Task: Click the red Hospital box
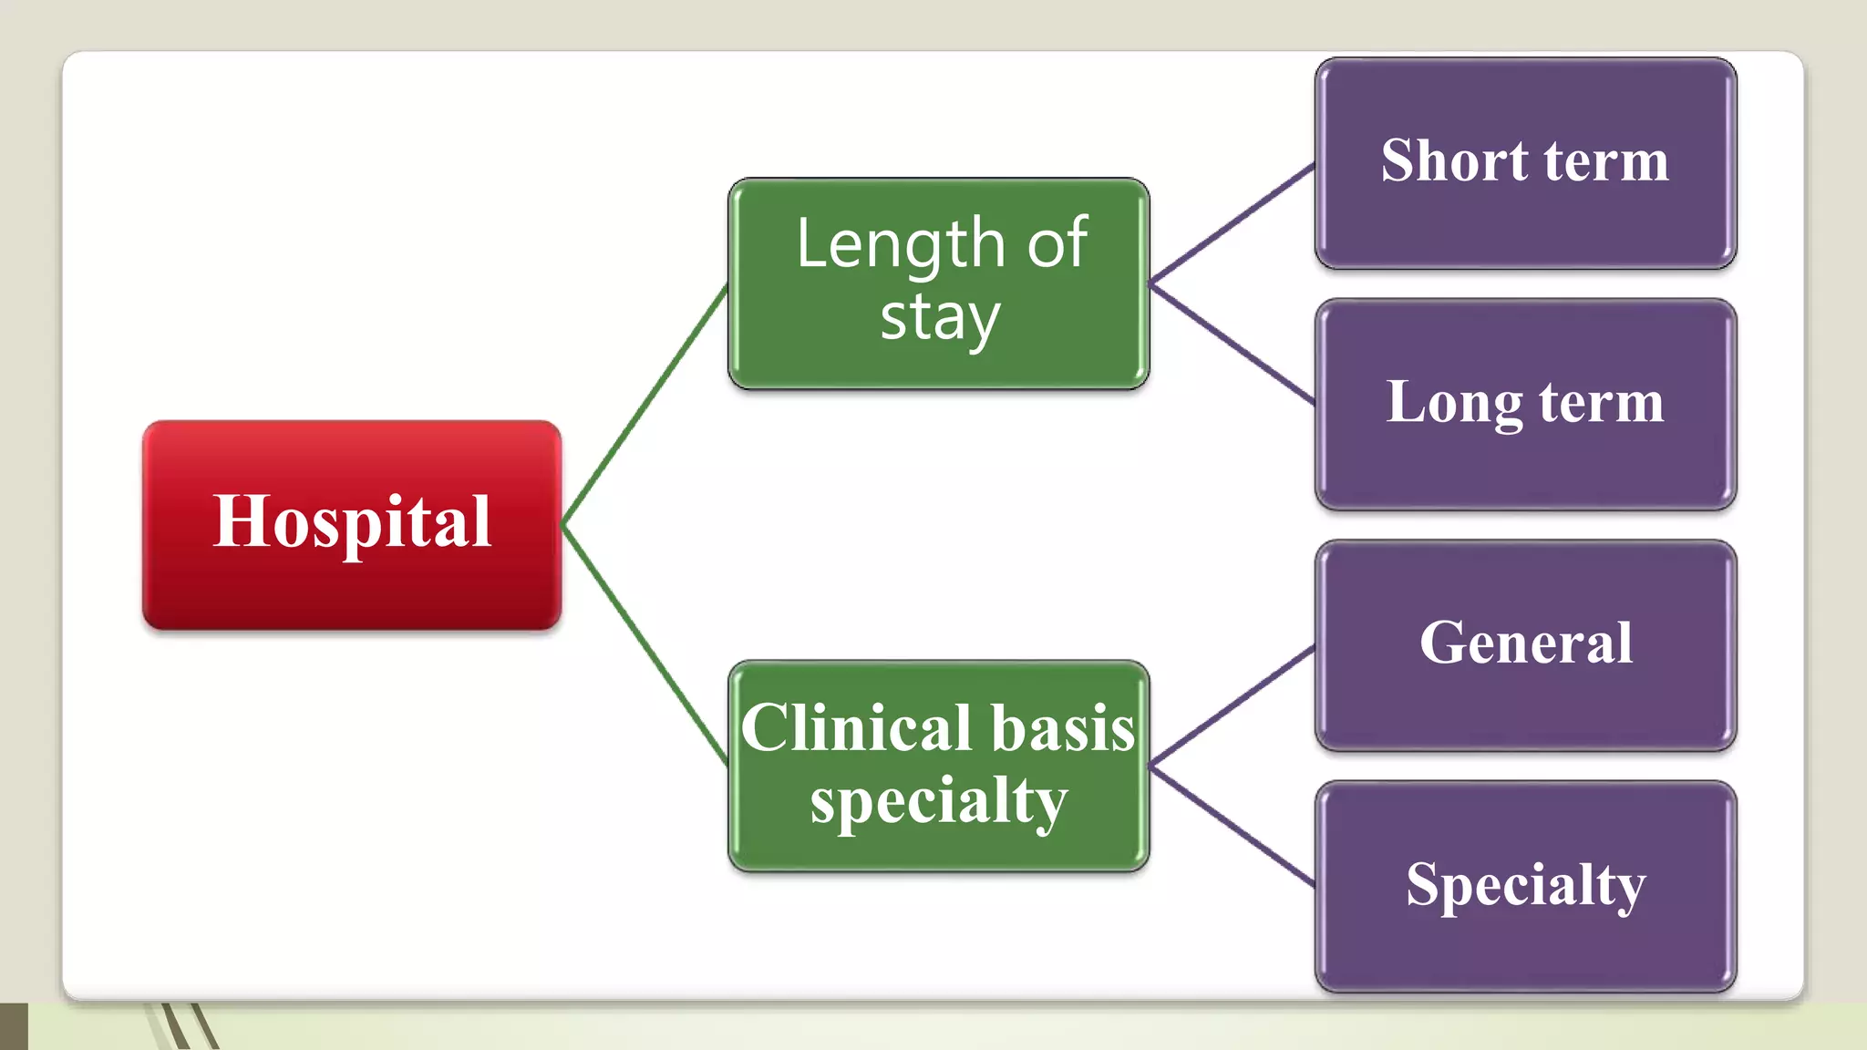pyautogui.click(x=352, y=525)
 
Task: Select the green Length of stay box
pyautogui.click(x=938, y=283)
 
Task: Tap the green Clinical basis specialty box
pyautogui.click(x=938, y=767)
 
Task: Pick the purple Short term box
pyautogui.click(x=1525, y=163)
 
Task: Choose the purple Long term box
pyautogui.click(x=1525, y=405)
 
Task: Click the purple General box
pyautogui.click(x=1525, y=645)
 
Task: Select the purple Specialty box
pyautogui.click(x=1525, y=886)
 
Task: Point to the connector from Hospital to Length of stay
pyautogui.click(x=645, y=407)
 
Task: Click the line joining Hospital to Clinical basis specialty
pyautogui.click(x=645, y=643)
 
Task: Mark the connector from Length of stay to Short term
pyautogui.click(x=1232, y=223)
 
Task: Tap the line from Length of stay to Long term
pyautogui.click(x=1232, y=344)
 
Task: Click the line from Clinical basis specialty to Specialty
pyautogui.click(x=1232, y=827)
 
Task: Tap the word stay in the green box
pyautogui.click(x=940, y=318)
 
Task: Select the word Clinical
pyautogui.click(x=856, y=728)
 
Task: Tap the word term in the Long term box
pyautogui.click(x=1602, y=403)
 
